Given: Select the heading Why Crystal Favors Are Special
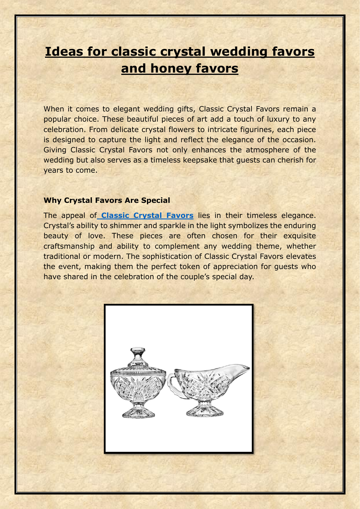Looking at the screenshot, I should tap(107, 200).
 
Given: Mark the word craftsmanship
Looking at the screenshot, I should tap(69, 246).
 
